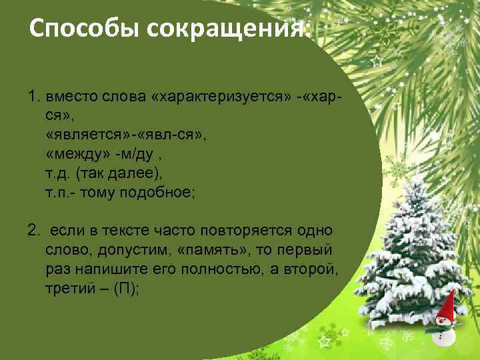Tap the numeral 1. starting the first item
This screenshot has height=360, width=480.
34,98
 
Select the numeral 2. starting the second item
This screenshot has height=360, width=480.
34,231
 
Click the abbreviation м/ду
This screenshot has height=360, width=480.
133,155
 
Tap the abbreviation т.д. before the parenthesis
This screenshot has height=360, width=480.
58,173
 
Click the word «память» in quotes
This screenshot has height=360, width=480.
206,249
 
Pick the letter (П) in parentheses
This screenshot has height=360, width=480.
126,288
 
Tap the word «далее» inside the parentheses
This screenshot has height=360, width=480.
137,173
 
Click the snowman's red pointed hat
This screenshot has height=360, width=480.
447,306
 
